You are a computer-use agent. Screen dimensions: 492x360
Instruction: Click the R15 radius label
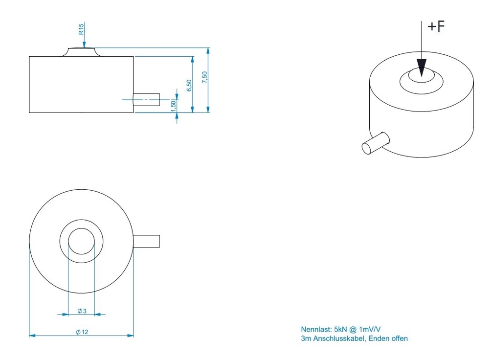click(81, 29)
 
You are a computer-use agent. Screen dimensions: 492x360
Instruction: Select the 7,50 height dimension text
click(204, 77)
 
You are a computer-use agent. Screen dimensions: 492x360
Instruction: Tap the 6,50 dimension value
click(189, 86)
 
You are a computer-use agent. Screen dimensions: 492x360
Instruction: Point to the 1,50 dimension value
click(173, 106)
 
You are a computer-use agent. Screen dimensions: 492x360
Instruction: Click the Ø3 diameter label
click(82, 311)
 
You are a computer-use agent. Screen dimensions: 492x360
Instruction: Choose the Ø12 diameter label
click(82, 332)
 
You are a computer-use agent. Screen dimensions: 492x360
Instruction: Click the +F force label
click(436, 26)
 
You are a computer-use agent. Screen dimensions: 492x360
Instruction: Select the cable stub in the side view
click(147, 99)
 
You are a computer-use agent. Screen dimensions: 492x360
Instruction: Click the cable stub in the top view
click(147, 241)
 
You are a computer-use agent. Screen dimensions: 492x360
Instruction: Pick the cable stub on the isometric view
click(376, 143)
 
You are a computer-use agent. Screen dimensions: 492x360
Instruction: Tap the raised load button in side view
click(81, 52)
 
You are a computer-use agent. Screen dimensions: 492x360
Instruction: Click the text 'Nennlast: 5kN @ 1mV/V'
click(341, 329)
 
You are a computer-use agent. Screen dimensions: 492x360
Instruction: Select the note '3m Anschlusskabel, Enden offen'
click(354, 338)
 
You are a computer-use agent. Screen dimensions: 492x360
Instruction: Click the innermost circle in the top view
click(81, 228)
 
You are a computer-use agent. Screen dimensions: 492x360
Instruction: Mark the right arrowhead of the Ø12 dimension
click(130, 336)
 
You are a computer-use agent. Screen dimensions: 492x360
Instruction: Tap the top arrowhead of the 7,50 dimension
click(208, 52)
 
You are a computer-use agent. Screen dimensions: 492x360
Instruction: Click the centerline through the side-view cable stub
click(141, 99)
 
